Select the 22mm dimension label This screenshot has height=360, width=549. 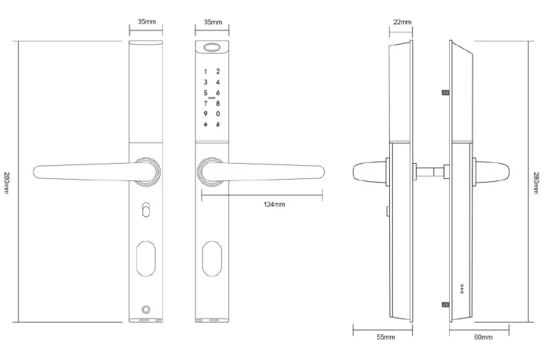(x=401, y=23)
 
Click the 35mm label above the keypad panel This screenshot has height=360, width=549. (x=213, y=23)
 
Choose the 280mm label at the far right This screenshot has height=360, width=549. (x=536, y=182)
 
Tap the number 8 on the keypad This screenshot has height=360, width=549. (x=218, y=102)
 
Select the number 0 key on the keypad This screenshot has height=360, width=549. (x=218, y=113)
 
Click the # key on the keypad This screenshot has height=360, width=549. (x=218, y=124)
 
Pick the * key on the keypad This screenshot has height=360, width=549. (x=204, y=124)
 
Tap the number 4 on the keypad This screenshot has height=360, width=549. (x=218, y=82)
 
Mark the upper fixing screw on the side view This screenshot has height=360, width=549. (x=445, y=93)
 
